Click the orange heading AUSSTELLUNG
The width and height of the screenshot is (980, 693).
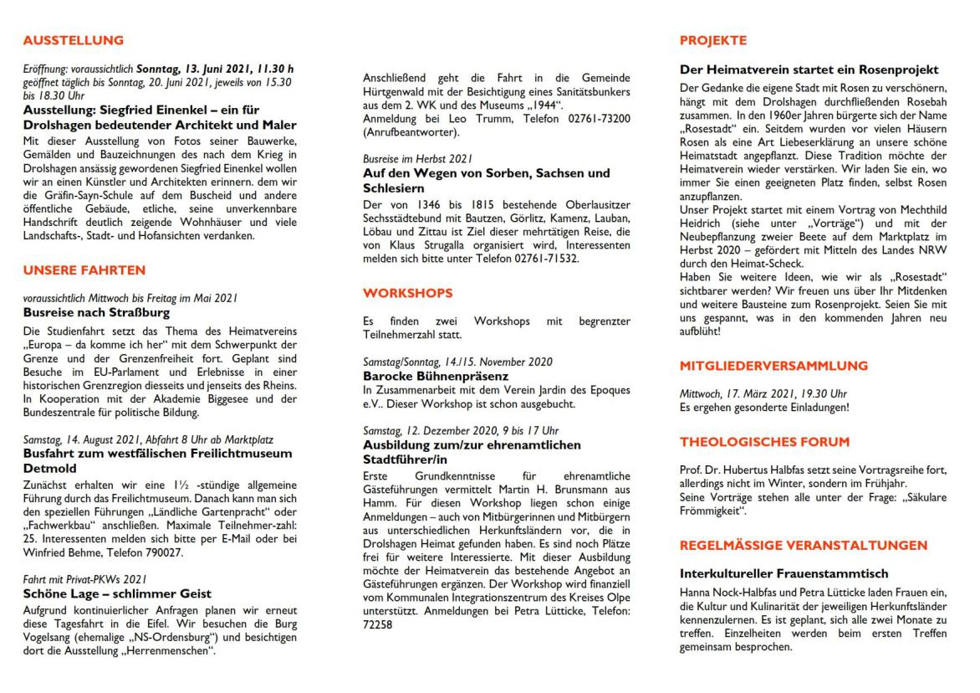click(x=74, y=40)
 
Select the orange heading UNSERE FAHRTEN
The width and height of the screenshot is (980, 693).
click(x=84, y=269)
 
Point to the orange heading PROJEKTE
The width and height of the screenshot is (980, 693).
click(x=713, y=40)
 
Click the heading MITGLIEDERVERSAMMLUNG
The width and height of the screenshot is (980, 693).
click(x=773, y=365)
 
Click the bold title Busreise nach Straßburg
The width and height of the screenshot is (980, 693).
click(x=96, y=313)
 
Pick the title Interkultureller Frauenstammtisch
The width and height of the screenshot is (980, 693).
click(x=771, y=575)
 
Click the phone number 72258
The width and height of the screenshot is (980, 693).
click(x=378, y=624)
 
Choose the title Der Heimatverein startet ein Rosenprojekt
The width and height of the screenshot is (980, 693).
click(x=808, y=69)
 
